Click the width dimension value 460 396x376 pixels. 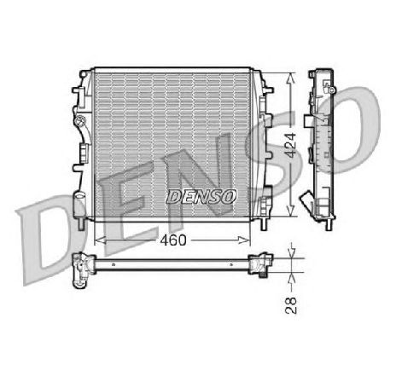coord(172,240)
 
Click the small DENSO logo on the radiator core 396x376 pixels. coord(201,196)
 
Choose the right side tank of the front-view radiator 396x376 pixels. coord(265,145)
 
